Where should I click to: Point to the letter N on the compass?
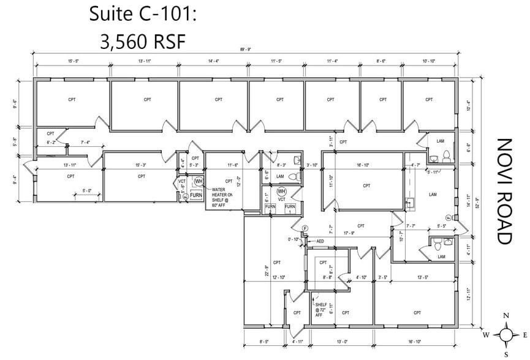click(x=506, y=316)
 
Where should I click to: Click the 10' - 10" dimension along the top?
click(x=428, y=61)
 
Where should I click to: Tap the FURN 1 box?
click(x=290, y=208)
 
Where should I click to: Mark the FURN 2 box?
click(x=270, y=208)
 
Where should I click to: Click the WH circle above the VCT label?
click(x=282, y=192)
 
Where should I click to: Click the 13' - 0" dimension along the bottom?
click(x=342, y=341)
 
